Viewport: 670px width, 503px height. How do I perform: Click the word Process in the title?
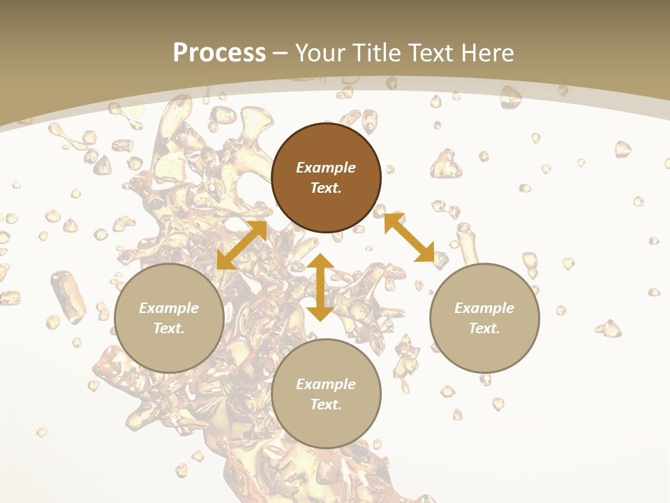219,52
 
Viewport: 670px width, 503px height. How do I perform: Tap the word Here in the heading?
486,52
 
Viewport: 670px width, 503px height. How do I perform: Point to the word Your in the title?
319,52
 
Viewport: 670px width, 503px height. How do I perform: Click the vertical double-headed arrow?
320,288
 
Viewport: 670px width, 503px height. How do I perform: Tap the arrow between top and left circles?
241,245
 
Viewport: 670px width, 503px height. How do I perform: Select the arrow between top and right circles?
409,238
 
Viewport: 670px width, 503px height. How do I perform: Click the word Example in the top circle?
326,168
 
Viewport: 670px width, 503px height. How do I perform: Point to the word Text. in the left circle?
169,328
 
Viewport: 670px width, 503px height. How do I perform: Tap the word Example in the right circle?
484,308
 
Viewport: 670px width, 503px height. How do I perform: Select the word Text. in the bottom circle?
326,404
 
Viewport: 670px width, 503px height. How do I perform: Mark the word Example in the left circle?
169,308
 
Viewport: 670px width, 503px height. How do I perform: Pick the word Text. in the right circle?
484,328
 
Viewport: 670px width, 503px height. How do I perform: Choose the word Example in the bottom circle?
326,384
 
